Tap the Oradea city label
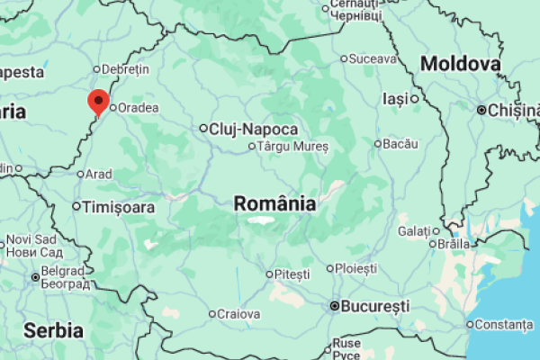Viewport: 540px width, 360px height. coord(139,108)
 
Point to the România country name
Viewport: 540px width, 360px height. coord(274,203)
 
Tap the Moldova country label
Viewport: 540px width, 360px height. coord(460,64)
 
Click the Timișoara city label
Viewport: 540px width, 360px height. coord(118,207)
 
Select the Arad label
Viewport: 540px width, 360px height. coord(99,174)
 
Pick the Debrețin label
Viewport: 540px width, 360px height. coord(126,68)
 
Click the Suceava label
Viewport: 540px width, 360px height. coord(373,59)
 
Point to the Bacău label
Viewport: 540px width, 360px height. coord(400,143)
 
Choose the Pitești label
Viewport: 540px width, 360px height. coord(292,274)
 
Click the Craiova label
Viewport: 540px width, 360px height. coord(239,314)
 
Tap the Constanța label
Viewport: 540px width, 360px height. coord(504,324)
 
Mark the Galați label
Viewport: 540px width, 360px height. coord(414,231)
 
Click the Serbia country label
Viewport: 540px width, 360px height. coord(53,329)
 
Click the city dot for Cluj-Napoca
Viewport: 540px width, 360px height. coord(203,129)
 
